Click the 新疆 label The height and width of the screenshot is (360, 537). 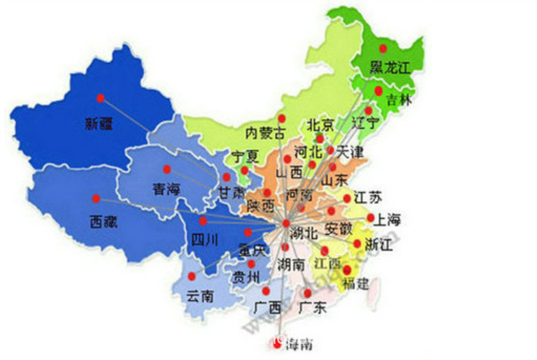99,124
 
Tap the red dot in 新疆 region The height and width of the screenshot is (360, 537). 100,98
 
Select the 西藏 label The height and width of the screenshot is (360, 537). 104,222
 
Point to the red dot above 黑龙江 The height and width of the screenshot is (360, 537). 383,49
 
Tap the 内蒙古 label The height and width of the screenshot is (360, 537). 265,133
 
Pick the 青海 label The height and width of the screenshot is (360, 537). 166,189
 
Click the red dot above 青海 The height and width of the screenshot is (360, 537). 167,170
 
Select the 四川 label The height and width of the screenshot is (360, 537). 203,240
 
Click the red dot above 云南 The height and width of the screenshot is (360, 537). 191,276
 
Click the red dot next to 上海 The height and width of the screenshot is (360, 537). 370,217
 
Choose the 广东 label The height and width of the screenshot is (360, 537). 310,309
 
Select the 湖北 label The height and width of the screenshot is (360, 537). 301,233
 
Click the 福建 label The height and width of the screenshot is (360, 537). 356,283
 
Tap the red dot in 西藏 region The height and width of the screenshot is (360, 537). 96,198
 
